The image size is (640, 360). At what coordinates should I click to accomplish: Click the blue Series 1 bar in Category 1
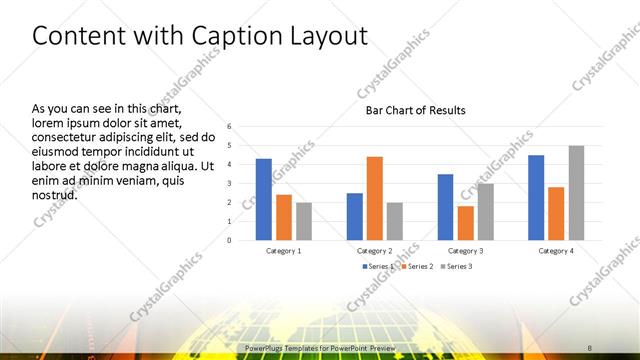click(x=263, y=199)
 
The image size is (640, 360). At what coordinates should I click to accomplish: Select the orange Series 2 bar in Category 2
click(x=374, y=198)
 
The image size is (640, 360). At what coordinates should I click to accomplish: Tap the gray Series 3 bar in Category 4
click(x=576, y=193)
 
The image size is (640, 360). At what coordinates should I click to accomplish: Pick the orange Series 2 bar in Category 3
click(x=465, y=223)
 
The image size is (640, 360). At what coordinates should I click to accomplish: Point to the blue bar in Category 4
click(x=536, y=197)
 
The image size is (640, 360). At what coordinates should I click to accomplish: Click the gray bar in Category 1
click(x=303, y=221)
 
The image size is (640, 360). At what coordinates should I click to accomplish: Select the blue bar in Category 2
click(x=355, y=216)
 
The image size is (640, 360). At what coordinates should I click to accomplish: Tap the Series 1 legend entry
click(x=378, y=267)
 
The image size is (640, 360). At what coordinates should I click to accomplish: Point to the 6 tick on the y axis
click(x=229, y=127)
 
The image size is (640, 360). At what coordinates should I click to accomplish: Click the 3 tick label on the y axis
click(x=229, y=183)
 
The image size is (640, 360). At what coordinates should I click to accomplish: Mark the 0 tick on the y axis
click(x=229, y=240)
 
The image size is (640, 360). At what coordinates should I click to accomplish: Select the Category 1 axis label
click(x=283, y=250)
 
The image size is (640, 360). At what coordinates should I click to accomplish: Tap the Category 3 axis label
click(x=465, y=250)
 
